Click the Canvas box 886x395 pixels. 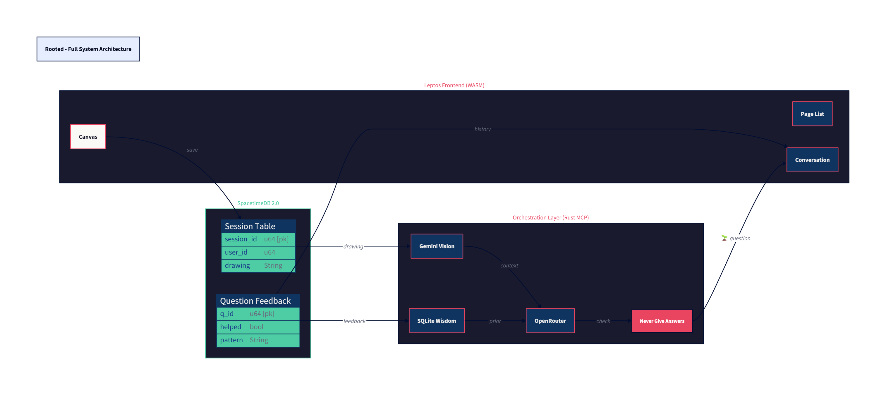click(88, 137)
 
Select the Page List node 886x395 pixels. click(812, 114)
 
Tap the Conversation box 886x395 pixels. click(812, 160)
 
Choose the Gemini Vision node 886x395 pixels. click(437, 246)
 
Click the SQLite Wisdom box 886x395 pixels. click(437, 321)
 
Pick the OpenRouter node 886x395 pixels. click(550, 321)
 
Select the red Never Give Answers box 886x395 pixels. click(662, 321)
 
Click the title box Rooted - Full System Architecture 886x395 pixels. click(88, 49)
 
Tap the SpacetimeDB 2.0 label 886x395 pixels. click(258, 203)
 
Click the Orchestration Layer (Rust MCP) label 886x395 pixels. click(550, 217)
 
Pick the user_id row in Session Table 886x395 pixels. click(258, 252)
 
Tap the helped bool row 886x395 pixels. click(258, 327)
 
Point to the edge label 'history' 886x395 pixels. click(483, 129)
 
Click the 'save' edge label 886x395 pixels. click(192, 150)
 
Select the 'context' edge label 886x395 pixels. click(509, 266)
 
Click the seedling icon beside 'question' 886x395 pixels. click(724, 238)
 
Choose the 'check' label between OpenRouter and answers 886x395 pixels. click(603, 321)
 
